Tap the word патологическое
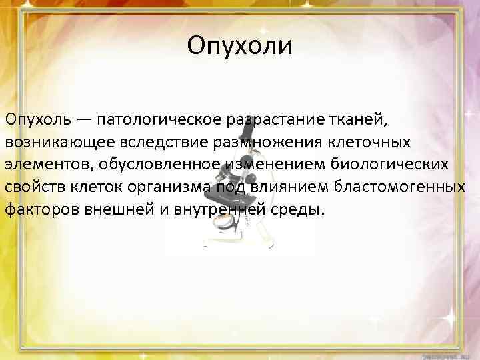(x=163, y=121)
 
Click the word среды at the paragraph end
(x=299, y=210)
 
